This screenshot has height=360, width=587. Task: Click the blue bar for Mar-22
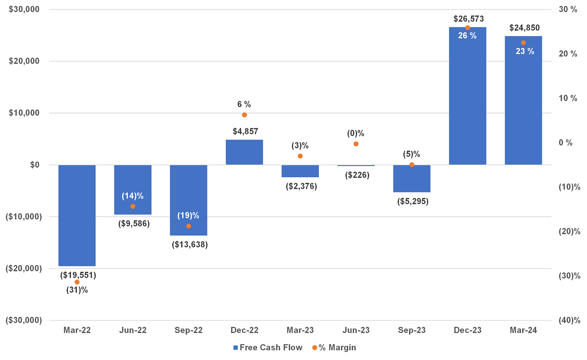(77, 215)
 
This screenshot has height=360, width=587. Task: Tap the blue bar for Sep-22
(188, 200)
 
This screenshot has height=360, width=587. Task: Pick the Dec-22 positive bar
(244, 152)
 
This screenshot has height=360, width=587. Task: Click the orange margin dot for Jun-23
(356, 144)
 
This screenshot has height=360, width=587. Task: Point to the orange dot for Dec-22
(244, 115)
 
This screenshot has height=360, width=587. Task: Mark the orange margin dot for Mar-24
(523, 43)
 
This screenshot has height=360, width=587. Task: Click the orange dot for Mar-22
(77, 282)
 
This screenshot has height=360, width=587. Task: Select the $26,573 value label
(468, 19)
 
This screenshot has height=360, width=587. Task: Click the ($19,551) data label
(78, 275)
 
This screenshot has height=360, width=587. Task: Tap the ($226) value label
(357, 175)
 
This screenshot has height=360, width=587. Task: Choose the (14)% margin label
(133, 196)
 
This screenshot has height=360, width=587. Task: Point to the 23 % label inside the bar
(525, 52)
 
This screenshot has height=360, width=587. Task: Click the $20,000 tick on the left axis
(24, 61)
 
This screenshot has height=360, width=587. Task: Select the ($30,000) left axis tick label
(23, 320)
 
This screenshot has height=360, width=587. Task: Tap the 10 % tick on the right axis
(568, 98)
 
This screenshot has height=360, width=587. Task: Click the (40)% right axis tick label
(569, 320)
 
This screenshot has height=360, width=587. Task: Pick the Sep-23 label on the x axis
(412, 331)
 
